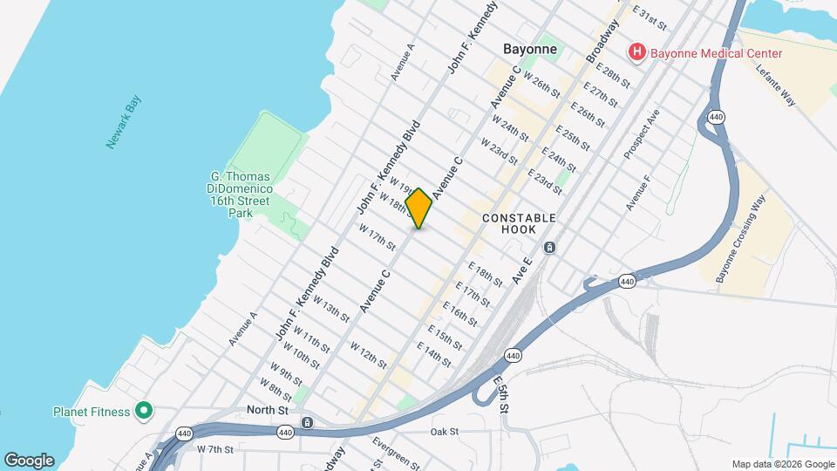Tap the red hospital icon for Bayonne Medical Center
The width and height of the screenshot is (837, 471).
637,53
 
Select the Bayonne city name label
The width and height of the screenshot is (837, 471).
529,49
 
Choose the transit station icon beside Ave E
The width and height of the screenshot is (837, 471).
550,248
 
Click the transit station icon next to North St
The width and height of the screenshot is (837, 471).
307,423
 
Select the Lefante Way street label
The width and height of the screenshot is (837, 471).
775,85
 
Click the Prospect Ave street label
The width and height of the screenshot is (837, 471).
642,133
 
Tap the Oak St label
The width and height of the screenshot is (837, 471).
444,432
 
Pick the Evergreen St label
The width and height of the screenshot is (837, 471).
396,453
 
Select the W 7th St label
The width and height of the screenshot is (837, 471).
215,449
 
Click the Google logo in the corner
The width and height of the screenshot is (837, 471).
29,461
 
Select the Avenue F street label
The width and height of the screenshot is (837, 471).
639,193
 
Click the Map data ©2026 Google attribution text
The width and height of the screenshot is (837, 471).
782,464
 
